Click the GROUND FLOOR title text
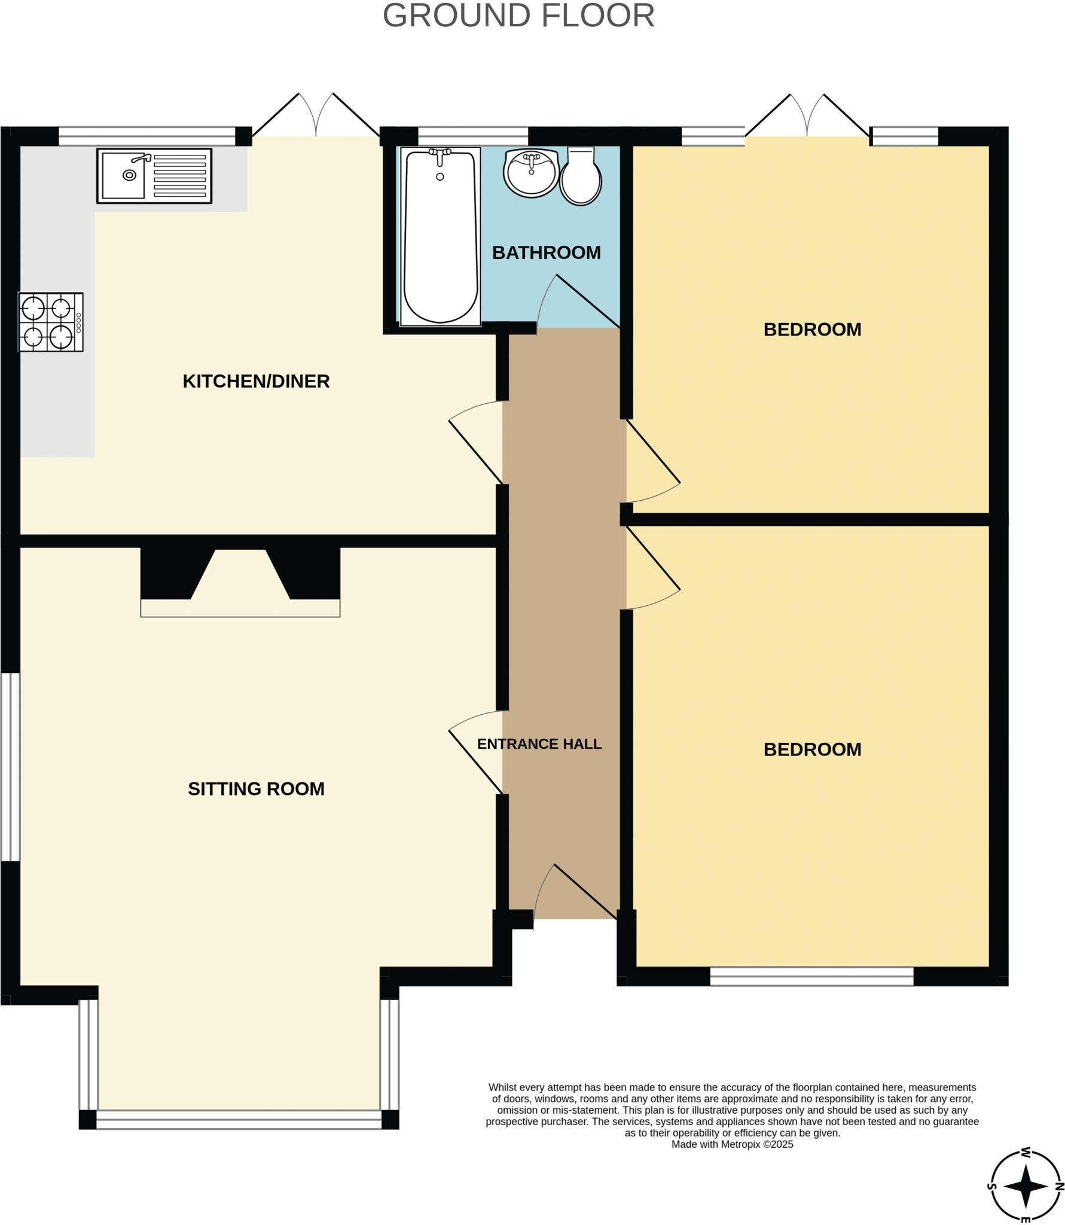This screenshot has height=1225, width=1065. [518, 16]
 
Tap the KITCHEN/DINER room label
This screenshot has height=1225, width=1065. [256, 381]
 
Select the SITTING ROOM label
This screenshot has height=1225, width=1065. [256, 789]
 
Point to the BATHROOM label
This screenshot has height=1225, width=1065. [546, 252]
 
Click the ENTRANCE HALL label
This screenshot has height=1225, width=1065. [539, 744]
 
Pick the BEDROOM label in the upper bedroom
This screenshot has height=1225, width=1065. [812, 330]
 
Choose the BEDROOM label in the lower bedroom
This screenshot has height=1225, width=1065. [812, 749]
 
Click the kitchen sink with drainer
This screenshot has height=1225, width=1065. [154, 176]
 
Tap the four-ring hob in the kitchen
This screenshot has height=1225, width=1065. [50, 322]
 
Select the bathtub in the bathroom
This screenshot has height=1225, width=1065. [441, 236]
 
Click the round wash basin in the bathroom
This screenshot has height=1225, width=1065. [531, 172]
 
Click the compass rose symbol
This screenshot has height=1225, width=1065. [1024, 1186]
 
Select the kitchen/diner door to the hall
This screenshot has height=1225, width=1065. [476, 443]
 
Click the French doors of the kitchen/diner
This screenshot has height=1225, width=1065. [316, 117]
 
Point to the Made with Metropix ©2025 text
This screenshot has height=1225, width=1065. [732, 1144]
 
